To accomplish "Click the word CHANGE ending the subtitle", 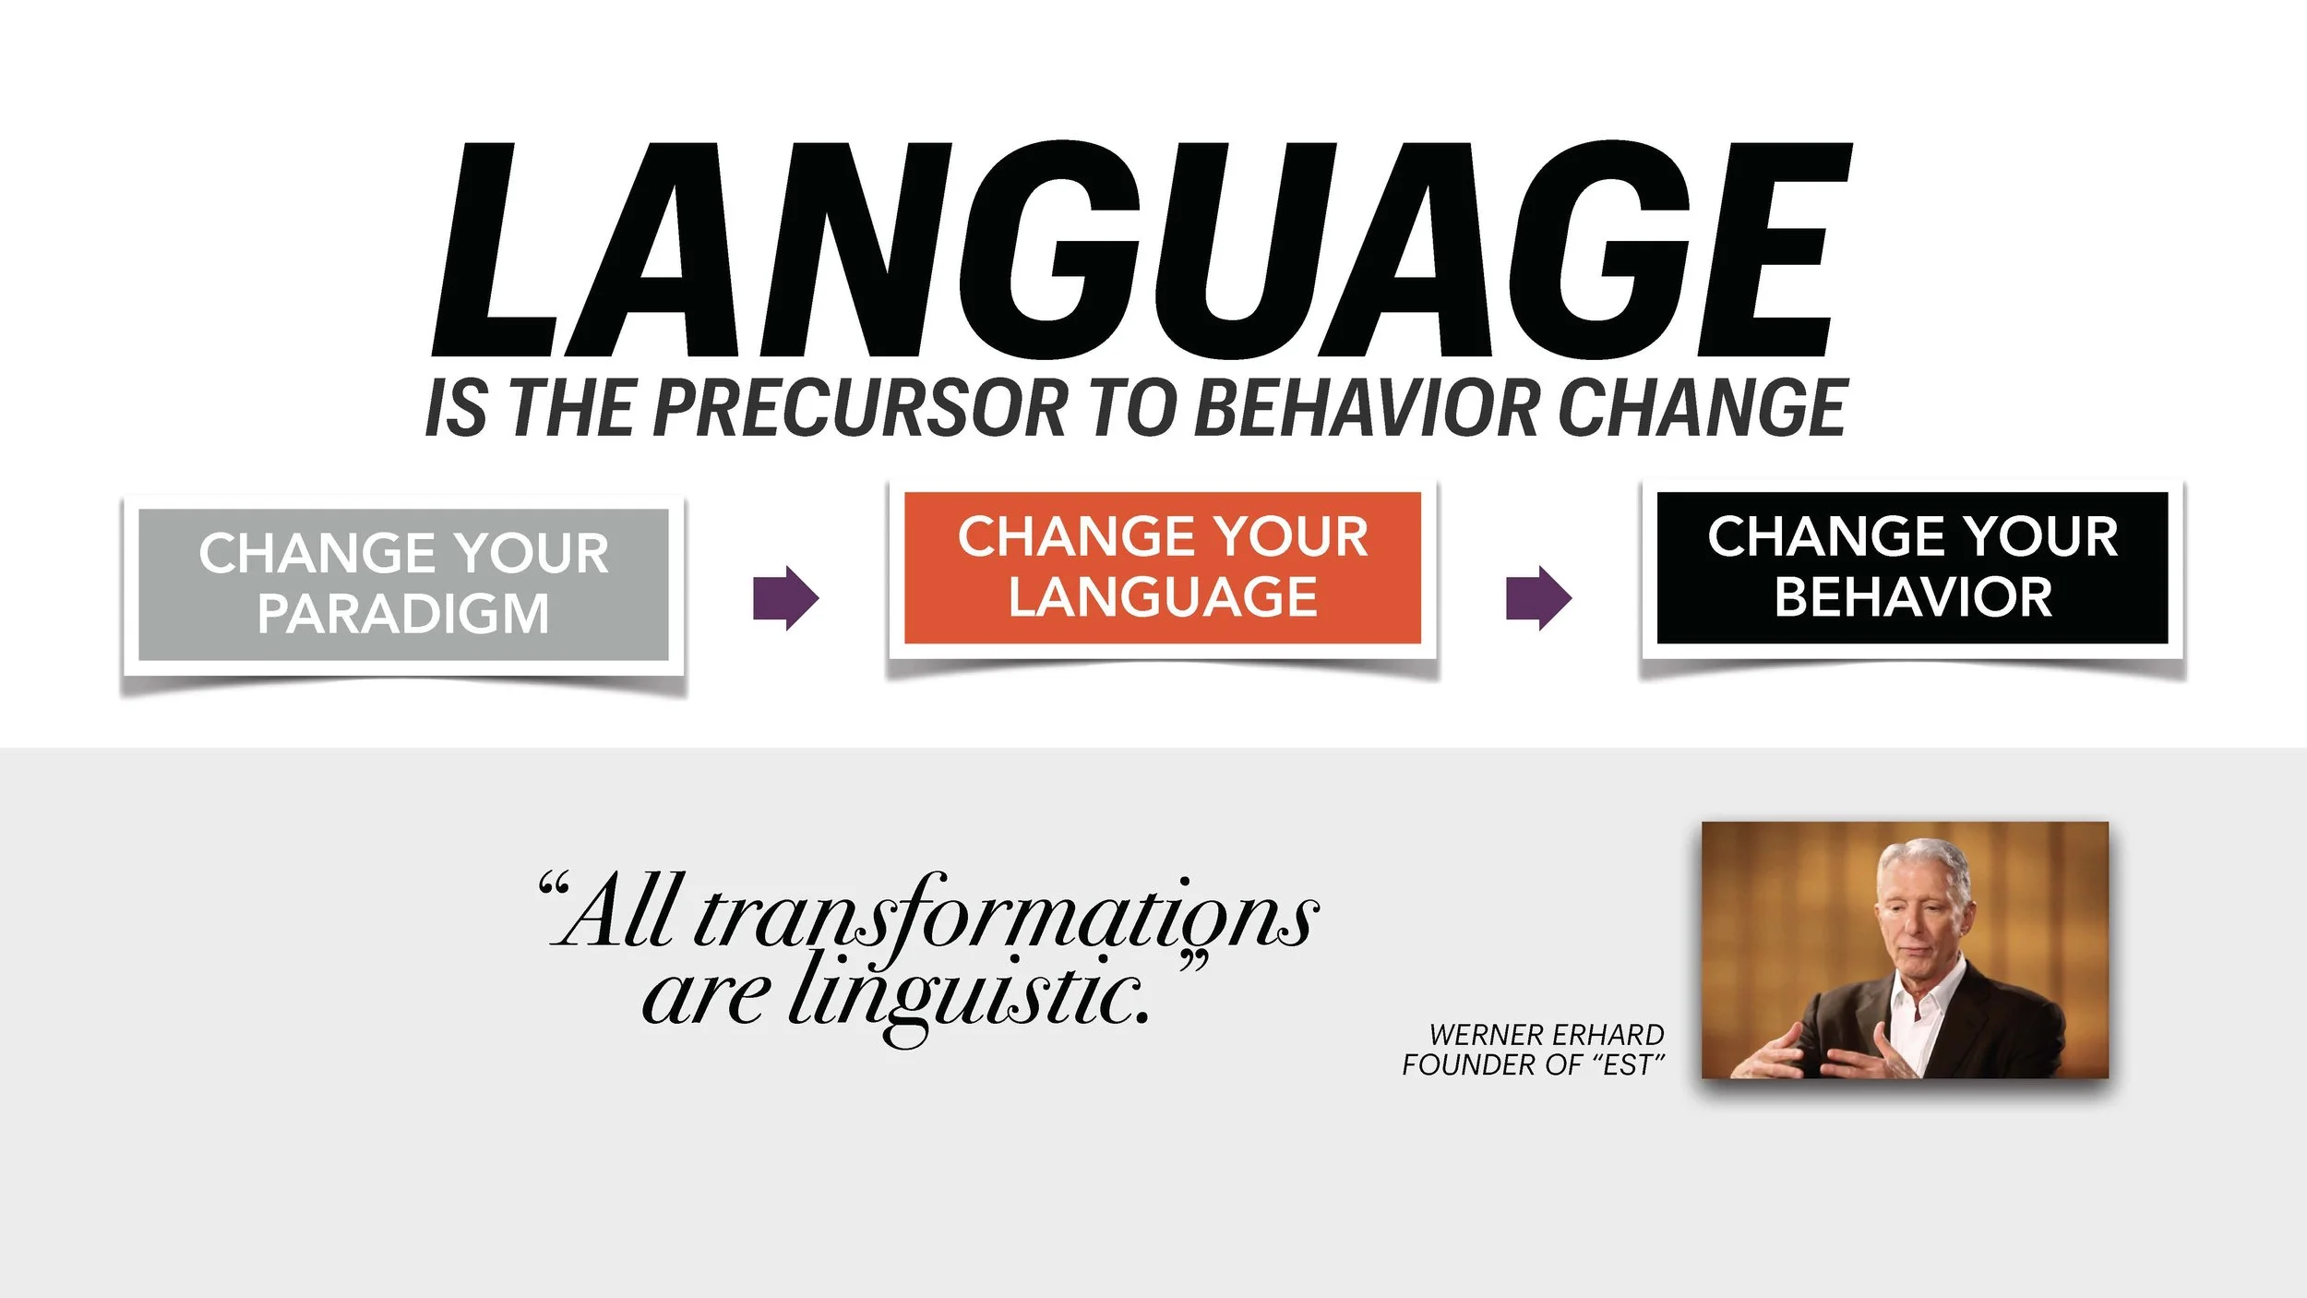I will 1702,408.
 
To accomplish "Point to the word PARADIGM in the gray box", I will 403,614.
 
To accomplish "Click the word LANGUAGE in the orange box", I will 1163,597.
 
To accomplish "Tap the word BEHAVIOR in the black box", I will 1913,597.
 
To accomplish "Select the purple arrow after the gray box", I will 785,598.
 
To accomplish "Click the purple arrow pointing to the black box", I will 1538,598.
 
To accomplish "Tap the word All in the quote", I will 618,914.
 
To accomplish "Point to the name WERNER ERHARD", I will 1547,1035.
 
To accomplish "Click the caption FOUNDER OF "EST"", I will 1533,1065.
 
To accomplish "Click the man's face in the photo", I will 1919,923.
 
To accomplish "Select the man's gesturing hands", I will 1836,1048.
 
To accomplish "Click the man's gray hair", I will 1924,859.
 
